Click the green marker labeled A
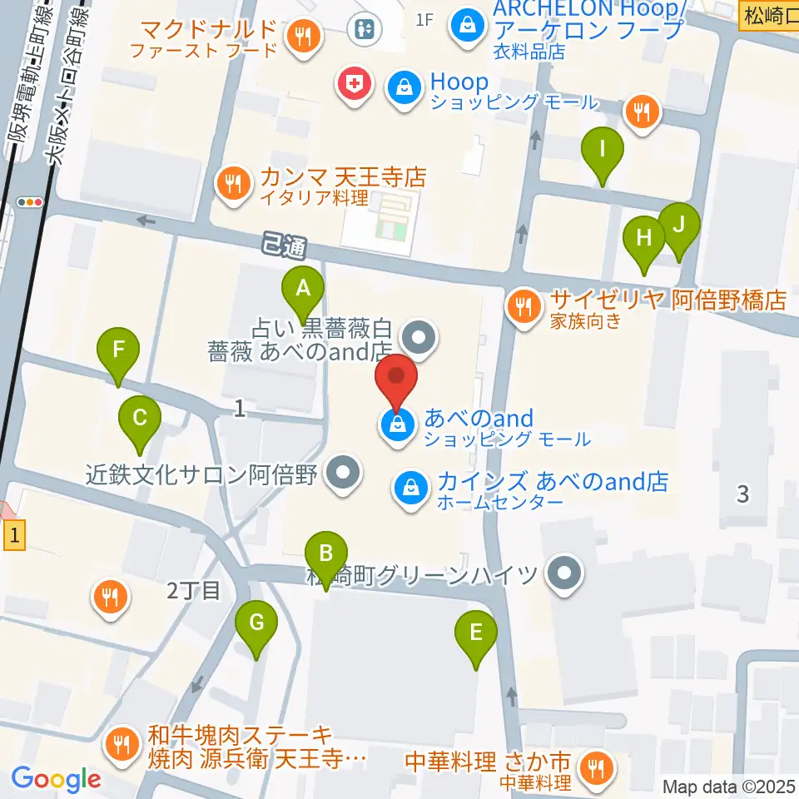coord(303,290)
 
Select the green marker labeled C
coord(140,417)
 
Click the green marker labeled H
coord(644,238)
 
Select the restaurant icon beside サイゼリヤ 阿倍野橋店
coord(524,306)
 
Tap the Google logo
coord(56,779)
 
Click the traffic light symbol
coord(31,201)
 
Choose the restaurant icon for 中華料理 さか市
coord(596,767)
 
